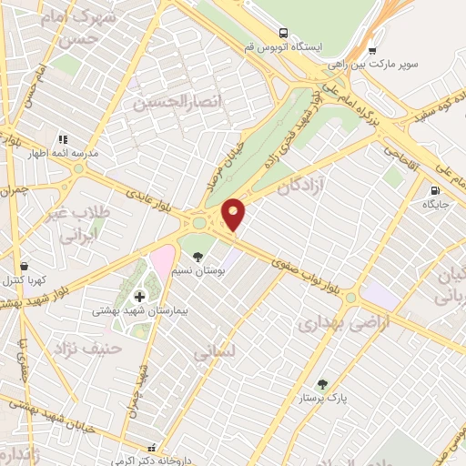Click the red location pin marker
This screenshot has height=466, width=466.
pyautogui.click(x=235, y=214)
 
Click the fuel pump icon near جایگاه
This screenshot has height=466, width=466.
pyautogui.click(x=435, y=191)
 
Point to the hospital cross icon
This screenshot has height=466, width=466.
pyautogui.click(x=139, y=296)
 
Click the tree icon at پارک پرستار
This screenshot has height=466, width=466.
pyautogui.click(x=320, y=384)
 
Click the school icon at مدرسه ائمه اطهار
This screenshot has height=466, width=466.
pyautogui.click(x=63, y=139)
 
